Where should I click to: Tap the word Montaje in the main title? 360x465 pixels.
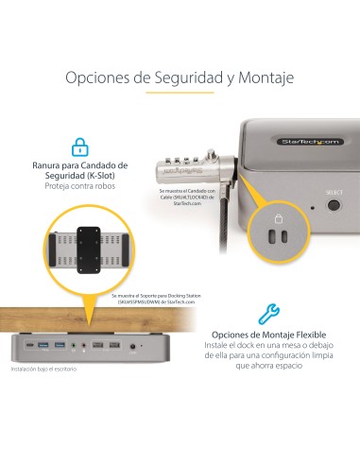point(264,77)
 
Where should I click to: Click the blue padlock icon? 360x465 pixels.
point(80,146)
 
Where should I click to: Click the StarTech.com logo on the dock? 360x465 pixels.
point(309,142)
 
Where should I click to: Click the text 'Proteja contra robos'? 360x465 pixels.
point(79,186)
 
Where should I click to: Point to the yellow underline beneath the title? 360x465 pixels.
point(180,94)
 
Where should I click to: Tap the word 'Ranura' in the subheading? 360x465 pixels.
point(51,164)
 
